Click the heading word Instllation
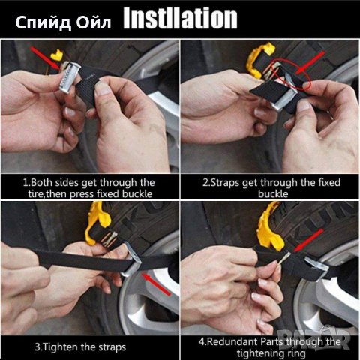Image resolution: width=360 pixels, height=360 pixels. click(x=180, y=19)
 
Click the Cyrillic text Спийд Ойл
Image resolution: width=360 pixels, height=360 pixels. click(x=63, y=22)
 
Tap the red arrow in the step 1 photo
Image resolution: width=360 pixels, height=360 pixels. click(x=46, y=58)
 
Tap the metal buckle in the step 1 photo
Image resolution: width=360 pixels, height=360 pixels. click(x=70, y=77)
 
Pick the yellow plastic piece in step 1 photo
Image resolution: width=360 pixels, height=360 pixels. click(x=57, y=55)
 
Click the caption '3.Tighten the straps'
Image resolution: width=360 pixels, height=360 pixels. click(x=80, y=347)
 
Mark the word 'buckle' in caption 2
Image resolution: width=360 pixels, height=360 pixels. click(x=273, y=194)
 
